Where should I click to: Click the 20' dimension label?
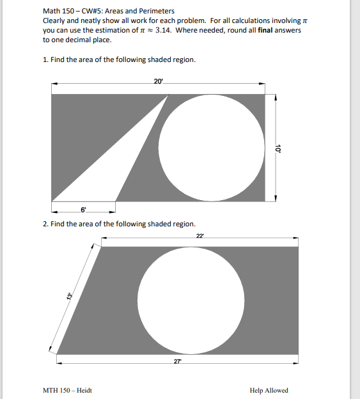159,81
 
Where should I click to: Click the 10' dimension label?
278,148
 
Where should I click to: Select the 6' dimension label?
83,209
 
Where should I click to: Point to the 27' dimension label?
177,361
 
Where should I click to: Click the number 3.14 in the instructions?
164,30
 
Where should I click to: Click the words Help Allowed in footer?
269,391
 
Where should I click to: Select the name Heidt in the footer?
84,391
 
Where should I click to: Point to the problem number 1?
45,59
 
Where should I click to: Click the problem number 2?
45,224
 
